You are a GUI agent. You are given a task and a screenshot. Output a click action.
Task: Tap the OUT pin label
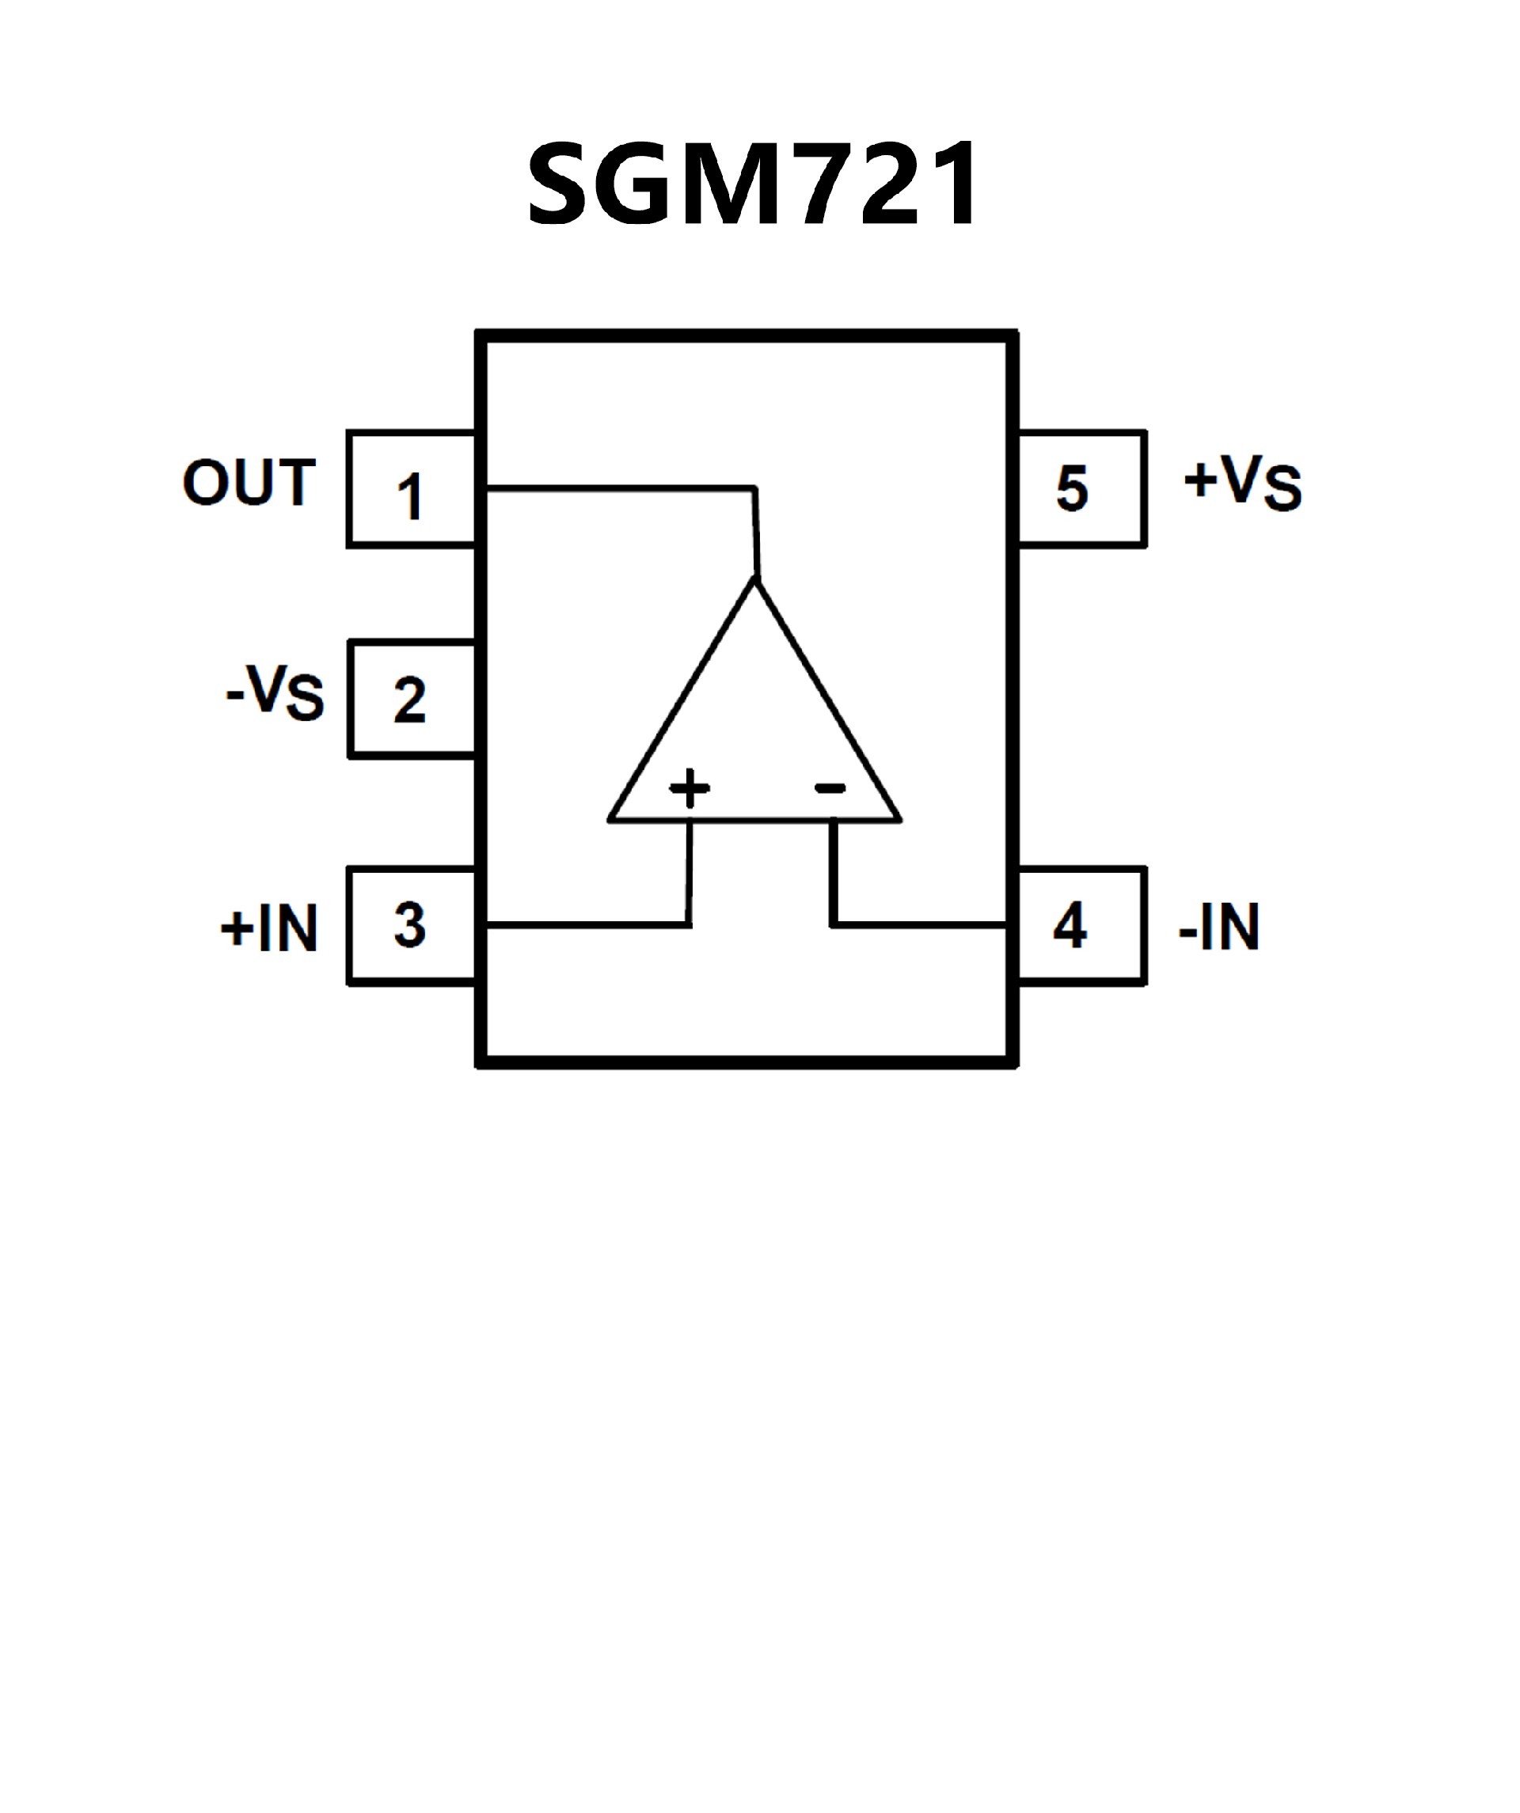tap(249, 483)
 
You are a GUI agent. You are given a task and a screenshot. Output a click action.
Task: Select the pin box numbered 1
tap(411, 490)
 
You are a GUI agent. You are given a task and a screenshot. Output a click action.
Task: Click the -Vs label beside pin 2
tap(275, 692)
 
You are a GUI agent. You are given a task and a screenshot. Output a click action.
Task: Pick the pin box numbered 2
tap(412, 700)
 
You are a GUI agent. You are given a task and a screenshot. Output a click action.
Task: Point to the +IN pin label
tap(269, 929)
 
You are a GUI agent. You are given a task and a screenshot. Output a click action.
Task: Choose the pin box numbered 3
tap(412, 926)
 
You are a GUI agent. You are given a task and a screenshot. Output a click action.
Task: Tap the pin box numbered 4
tap(1081, 926)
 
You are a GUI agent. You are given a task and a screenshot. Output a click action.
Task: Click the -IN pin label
tap(1218, 927)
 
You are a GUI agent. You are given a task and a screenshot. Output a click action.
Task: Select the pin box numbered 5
tap(1081, 488)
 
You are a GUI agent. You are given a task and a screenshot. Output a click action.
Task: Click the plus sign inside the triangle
tap(690, 787)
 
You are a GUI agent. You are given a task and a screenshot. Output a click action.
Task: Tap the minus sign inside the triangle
tap(830, 787)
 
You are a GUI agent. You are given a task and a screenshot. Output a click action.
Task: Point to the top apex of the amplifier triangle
tap(754, 580)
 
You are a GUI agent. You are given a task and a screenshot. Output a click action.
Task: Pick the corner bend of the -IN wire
tap(834, 926)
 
